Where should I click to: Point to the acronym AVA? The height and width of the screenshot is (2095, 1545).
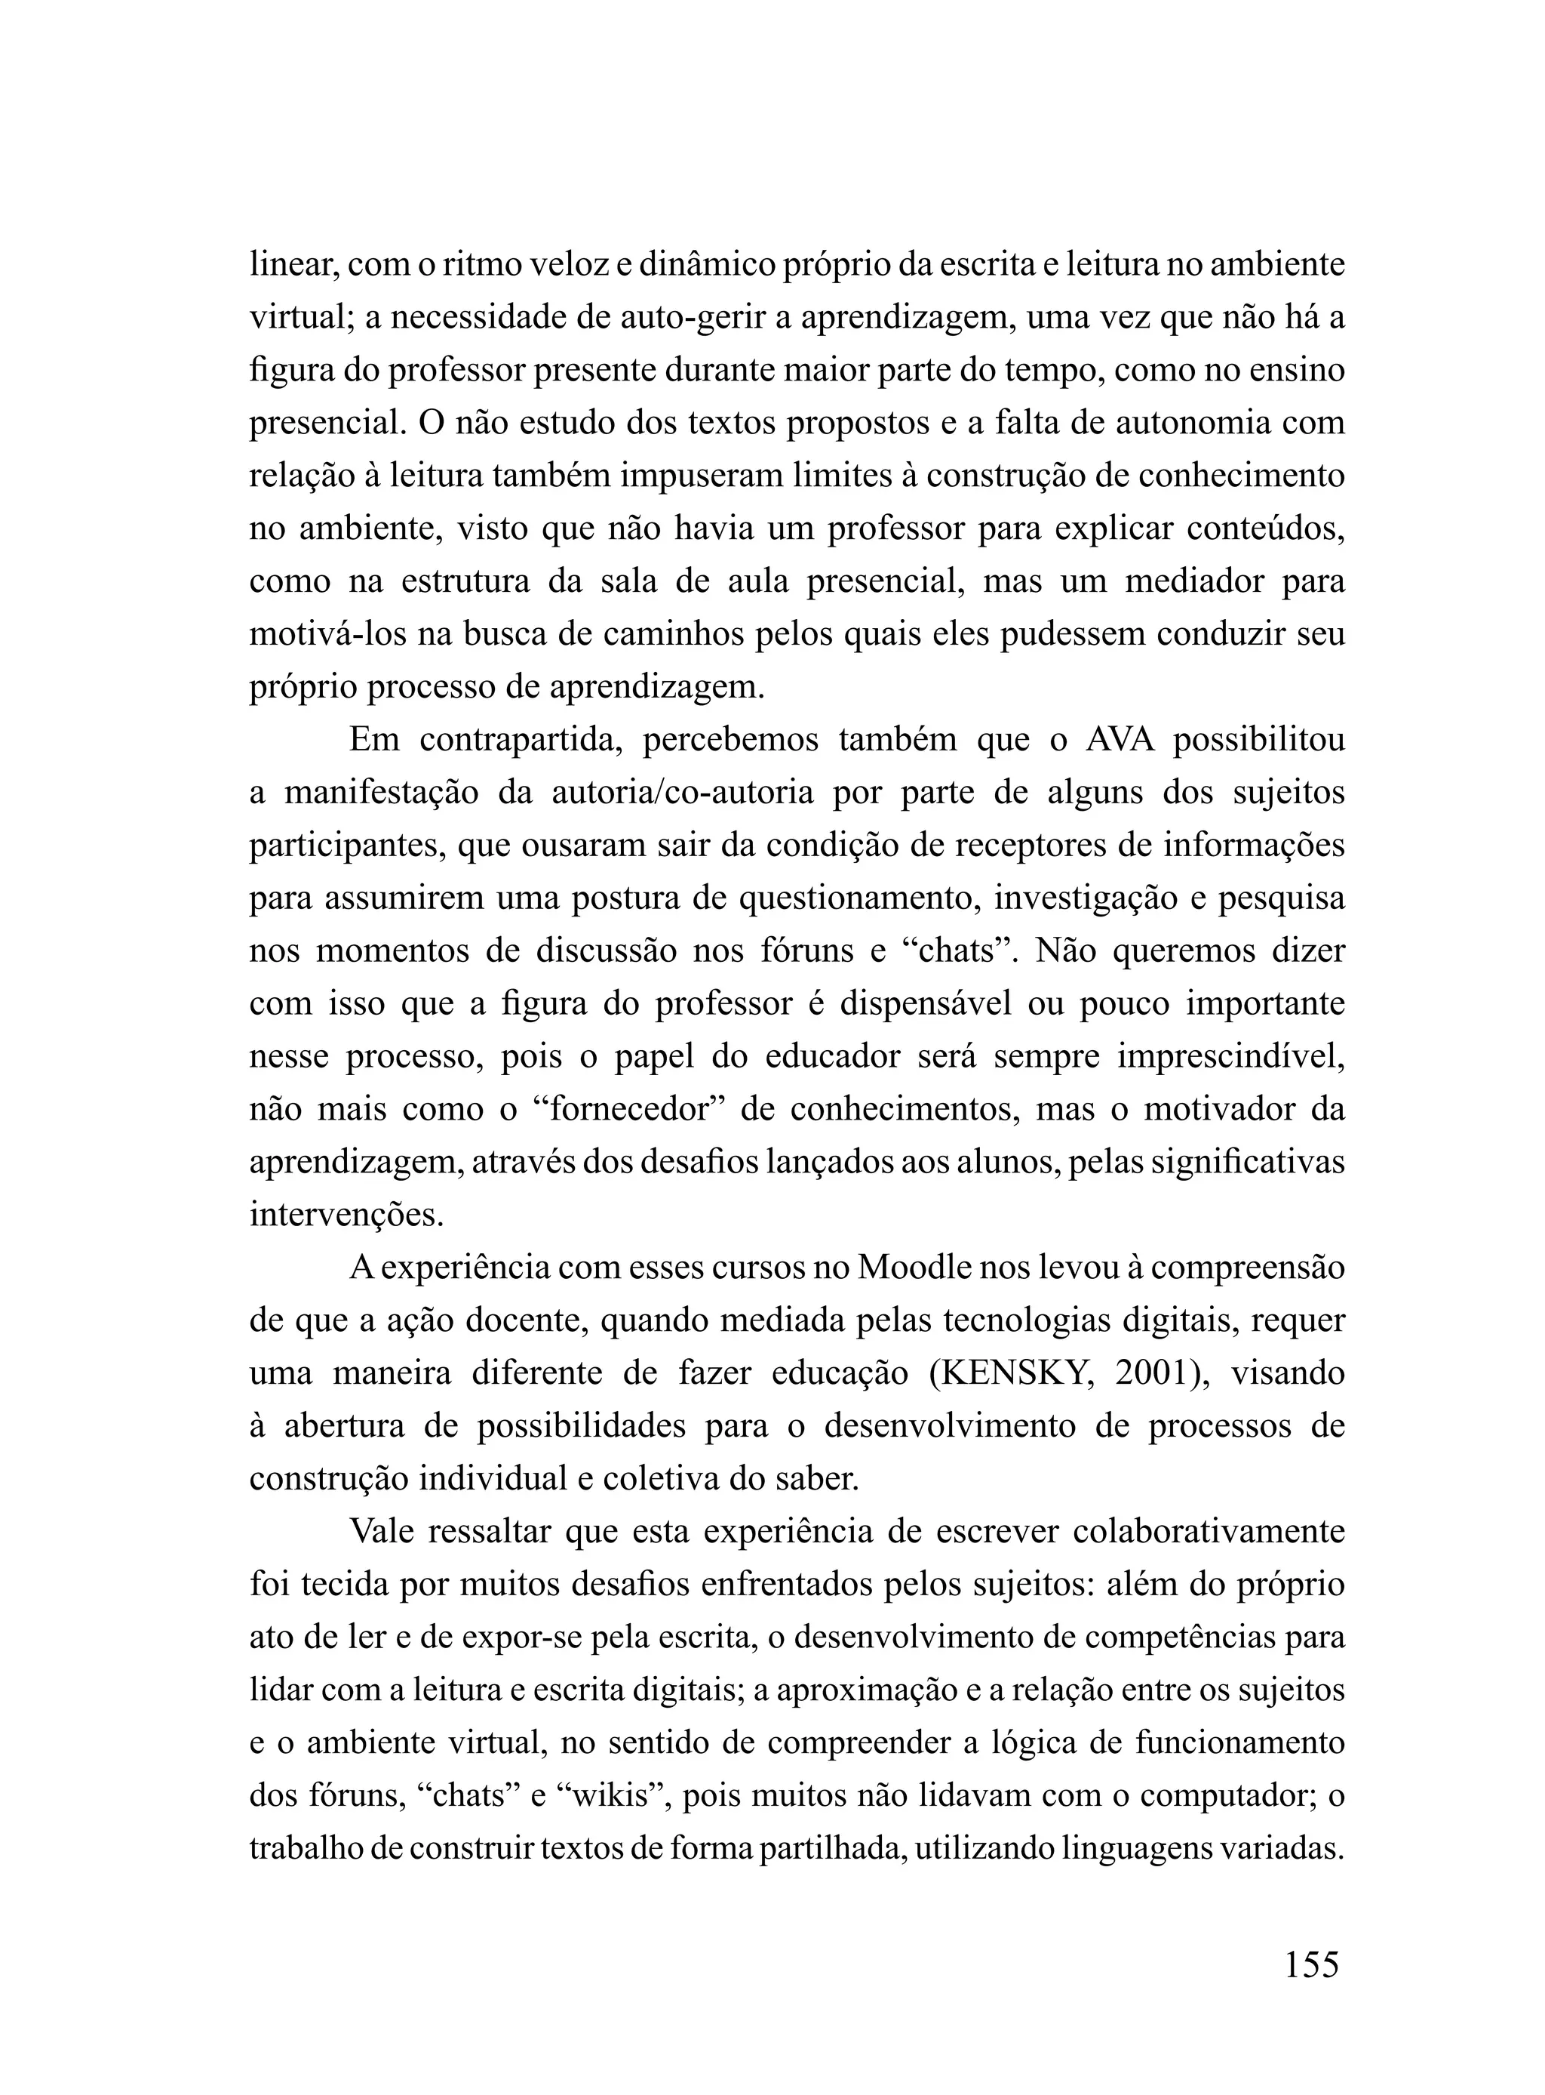(1120, 739)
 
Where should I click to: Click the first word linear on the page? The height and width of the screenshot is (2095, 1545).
(293, 266)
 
